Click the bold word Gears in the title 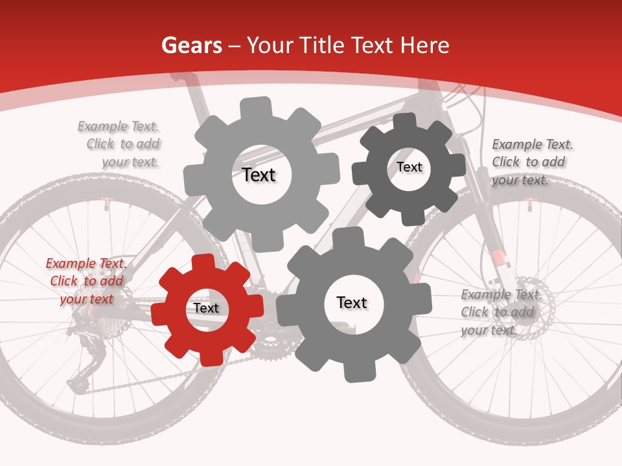pyautogui.click(x=192, y=45)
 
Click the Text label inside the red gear pyautogui.click(x=206, y=308)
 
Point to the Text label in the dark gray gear pyautogui.click(x=409, y=167)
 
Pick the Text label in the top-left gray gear pyautogui.click(x=259, y=175)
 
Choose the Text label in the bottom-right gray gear pyautogui.click(x=352, y=302)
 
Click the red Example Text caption pyautogui.click(x=86, y=281)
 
